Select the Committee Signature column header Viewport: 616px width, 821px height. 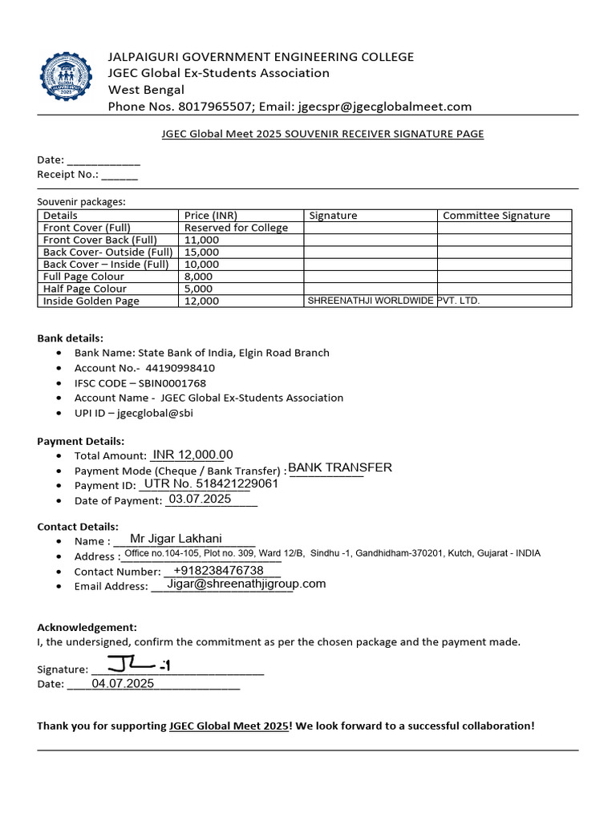(496, 216)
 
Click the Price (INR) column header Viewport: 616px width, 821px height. (211, 216)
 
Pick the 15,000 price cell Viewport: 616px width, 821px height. (201, 252)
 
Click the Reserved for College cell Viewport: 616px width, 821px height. (236, 228)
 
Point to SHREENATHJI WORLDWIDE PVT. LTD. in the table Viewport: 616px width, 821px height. (394, 301)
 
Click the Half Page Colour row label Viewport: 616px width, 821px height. (84, 289)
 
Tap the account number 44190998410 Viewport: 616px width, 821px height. (180, 368)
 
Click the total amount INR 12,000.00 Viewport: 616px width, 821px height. (192, 455)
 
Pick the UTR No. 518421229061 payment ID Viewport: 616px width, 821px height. (210, 484)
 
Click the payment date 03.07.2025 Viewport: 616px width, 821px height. (200, 499)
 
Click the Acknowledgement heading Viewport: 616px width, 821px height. (87, 627)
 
